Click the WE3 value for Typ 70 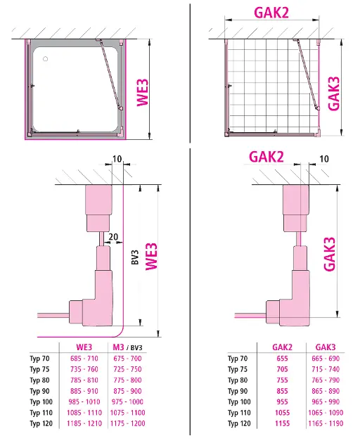click(84, 359)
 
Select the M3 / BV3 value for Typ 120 click(127, 423)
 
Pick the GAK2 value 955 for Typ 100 click(282, 402)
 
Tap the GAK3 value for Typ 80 click(326, 380)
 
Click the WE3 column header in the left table click(84, 347)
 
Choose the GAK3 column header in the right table click(326, 347)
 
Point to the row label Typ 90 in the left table click(39, 391)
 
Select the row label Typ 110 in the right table click(239, 413)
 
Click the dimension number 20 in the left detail click(113, 237)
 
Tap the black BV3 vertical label click(135, 257)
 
